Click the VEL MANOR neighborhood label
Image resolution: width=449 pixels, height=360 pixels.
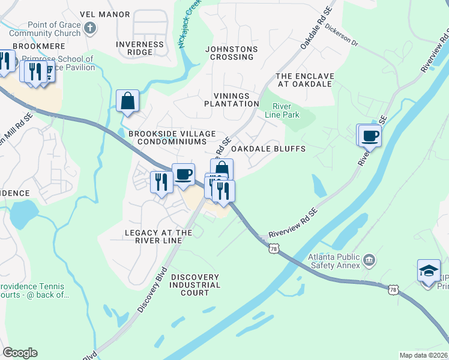pos(104,14)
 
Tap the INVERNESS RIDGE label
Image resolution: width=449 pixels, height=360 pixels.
pos(140,48)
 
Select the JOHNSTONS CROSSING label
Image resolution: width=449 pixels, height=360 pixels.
pos(231,53)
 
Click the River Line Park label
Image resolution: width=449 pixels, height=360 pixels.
pos(282,110)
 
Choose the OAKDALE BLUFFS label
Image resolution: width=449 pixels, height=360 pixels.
pos(268,148)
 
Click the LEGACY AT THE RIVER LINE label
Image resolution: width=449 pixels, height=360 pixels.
pos(158,236)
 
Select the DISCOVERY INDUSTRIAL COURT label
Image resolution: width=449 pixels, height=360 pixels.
pos(195,285)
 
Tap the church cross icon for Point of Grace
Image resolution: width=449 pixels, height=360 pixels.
pos(89,28)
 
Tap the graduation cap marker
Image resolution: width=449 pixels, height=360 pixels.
pos(430,271)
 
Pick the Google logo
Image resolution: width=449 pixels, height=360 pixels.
pos(20,353)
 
